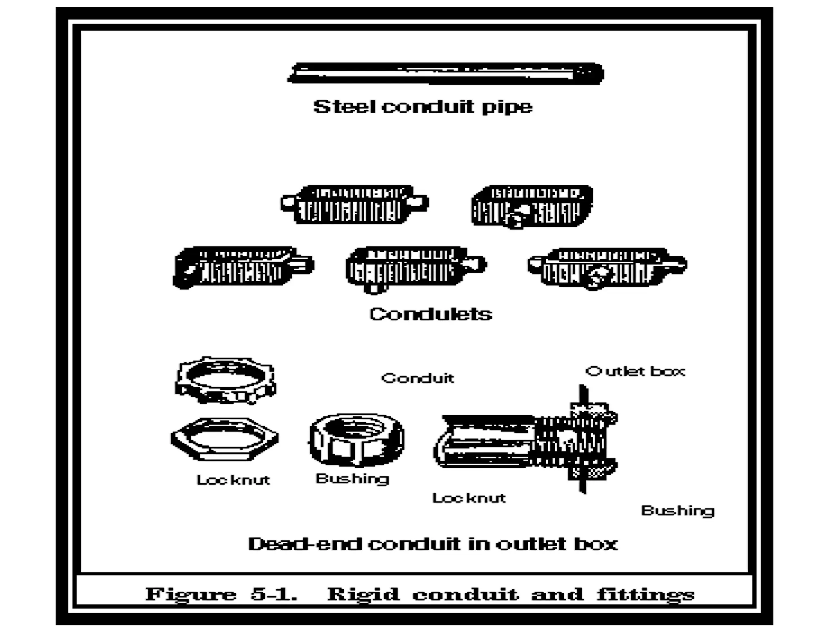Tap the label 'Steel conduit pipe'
click(423, 107)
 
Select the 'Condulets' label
click(431, 314)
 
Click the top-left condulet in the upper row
click(354, 205)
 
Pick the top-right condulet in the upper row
click(532, 206)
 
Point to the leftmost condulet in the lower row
click(242, 267)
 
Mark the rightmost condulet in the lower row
click(607, 268)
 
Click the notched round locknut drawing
click(226, 380)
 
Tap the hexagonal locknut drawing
click(225, 439)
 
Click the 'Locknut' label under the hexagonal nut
click(233, 480)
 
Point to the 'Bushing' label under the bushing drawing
click(352, 478)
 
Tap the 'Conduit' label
click(417, 378)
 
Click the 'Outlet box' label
click(635, 371)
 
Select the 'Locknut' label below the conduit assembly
click(469, 498)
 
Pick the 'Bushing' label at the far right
click(678, 511)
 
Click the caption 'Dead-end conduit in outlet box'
click(433, 544)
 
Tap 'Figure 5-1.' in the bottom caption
click(221, 594)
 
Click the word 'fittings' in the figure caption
click(645, 594)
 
